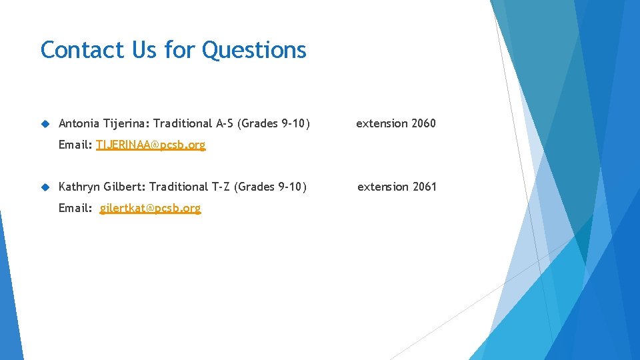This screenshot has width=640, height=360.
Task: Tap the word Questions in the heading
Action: click(254, 50)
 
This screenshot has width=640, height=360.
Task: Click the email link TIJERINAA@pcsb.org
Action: click(151, 145)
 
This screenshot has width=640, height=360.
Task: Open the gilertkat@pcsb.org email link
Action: click(150, 208)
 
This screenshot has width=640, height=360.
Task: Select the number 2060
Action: click(423, 123)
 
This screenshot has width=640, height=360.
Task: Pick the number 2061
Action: click(425, 187)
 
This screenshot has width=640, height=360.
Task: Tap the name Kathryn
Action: click(79, 187)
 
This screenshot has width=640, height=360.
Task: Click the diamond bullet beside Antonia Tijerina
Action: click(45, 123)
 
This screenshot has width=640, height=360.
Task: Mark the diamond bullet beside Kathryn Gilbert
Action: click(45, 187)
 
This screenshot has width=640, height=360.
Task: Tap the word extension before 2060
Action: click(382, 123)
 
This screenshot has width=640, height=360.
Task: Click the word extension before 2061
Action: click(383, 187)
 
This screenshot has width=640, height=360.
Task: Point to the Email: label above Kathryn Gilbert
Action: click(75, 145)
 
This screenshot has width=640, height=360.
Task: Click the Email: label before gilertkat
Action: click(75, 208)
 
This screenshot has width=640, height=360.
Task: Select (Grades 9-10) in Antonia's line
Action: click(274, 123)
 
